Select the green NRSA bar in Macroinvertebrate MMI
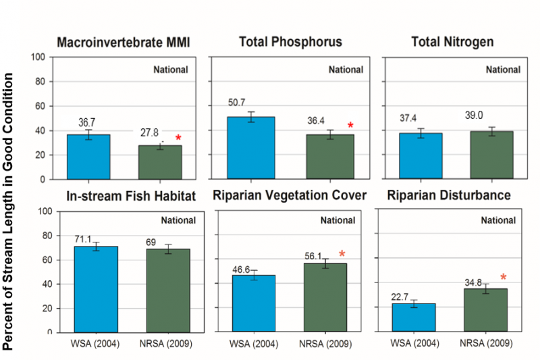(160, 162)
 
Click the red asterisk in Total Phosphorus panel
(350, 126)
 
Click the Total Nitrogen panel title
(452, 42)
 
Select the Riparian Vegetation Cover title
(290, 196)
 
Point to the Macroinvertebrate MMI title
(124, 42)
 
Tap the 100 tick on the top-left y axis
(38, 57)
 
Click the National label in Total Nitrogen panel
(503, 70)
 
